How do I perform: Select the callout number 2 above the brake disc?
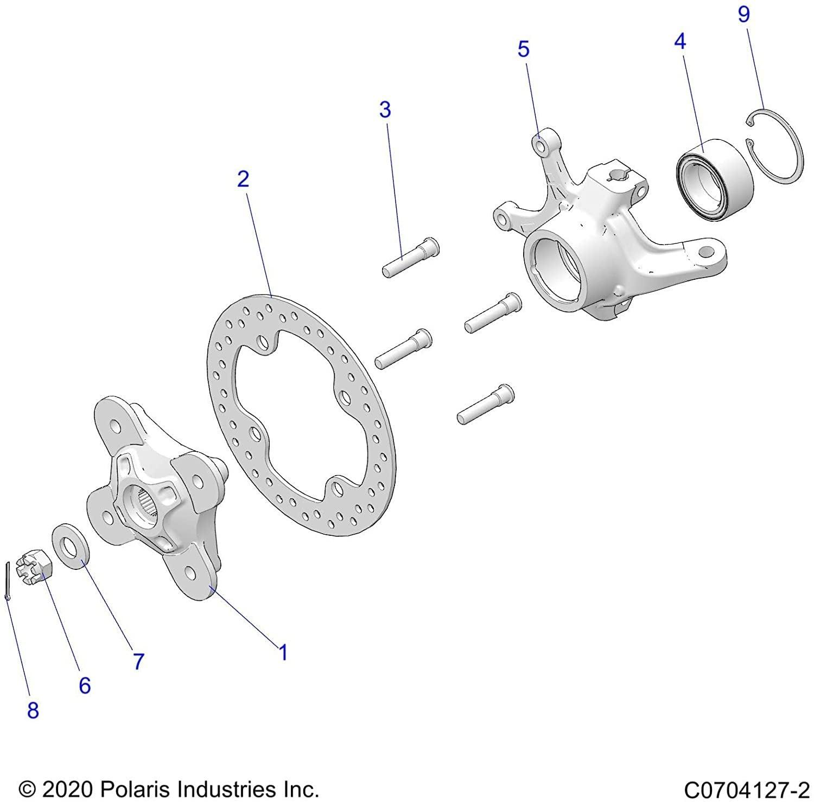pos(243,178)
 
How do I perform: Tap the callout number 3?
pos(385,110)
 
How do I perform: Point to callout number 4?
pos(679,42)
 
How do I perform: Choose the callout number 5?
pos(523,49)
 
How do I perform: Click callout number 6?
pos(85,685)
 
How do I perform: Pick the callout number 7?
pos(138,661)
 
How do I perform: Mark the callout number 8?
pos(33,710)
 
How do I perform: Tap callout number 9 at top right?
pos(743,15)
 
